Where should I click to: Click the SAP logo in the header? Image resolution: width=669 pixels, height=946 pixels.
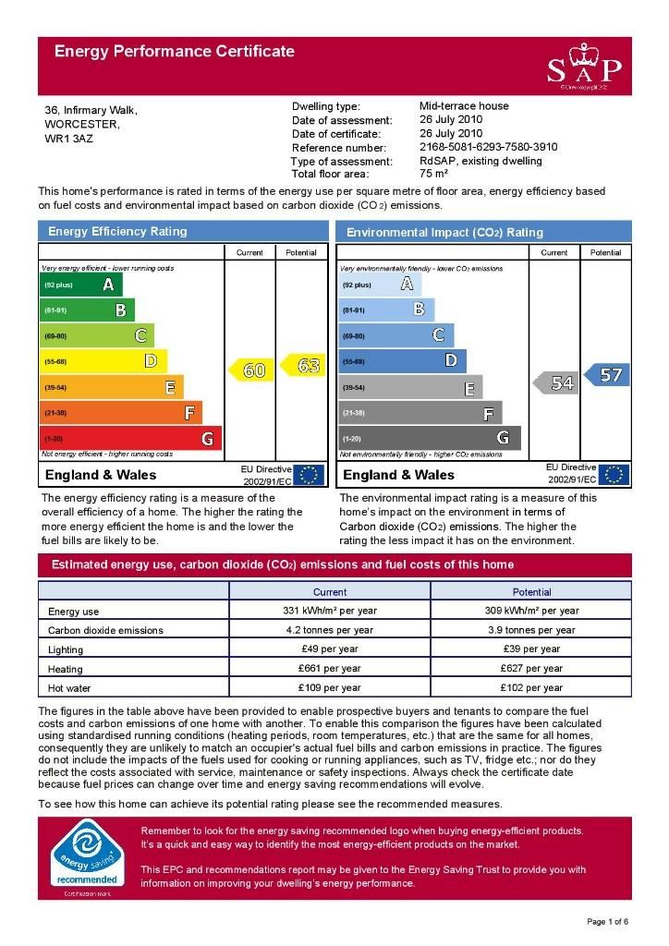[584, 67]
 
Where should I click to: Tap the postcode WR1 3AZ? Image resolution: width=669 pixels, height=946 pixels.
[69, 139]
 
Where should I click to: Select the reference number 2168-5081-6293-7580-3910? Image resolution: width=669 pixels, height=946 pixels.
[488, 147]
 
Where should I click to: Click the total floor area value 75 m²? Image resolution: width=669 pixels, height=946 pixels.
[433, 173]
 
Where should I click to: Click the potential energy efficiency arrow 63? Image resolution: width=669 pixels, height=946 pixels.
[302, 366]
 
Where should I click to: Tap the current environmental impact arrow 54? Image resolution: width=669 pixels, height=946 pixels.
[556, 382]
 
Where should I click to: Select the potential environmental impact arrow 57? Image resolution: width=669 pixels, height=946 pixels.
[607, 375]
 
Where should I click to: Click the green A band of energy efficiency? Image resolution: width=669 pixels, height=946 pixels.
[81, 285]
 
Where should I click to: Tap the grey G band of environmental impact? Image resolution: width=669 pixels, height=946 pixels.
[430, 439]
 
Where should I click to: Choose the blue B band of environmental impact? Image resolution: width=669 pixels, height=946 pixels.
[386, 309]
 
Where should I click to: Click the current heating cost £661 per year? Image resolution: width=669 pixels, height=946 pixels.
[330, 668]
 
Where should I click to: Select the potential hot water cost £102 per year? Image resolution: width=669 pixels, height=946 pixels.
[531, 687]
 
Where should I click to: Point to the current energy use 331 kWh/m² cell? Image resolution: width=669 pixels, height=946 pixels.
[330, 611]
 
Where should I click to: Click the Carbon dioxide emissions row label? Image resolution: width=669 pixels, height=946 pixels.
[105, 630]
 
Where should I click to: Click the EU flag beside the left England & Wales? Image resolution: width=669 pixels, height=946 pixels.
[310, 475]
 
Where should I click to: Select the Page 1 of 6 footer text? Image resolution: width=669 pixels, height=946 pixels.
[608, 921]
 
